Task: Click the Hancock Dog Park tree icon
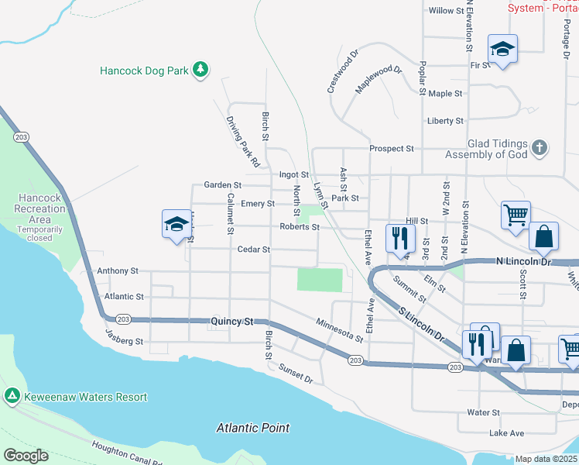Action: click(x=200, y=70)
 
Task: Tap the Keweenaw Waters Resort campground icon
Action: click(x=12, y=397)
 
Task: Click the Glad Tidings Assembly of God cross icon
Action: click(x=540, y=146)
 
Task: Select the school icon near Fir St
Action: click(x=502, y=49)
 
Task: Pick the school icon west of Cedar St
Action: click(x=176, y=225)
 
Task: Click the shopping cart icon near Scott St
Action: click(x=516, y=214)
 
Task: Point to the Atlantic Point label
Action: click(x=253, y=428)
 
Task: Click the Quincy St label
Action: click(x=232, y=320)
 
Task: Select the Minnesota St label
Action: click(x=340, y=329)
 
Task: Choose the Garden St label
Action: click(x=223, y=185)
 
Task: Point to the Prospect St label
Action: click(x=392, y=148)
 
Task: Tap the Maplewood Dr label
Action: click(x=379, y=80)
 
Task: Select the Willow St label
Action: click(x=446, y=11)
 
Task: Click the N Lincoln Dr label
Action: click(x=522, y=263)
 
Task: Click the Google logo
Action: click(x=26, y=456)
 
